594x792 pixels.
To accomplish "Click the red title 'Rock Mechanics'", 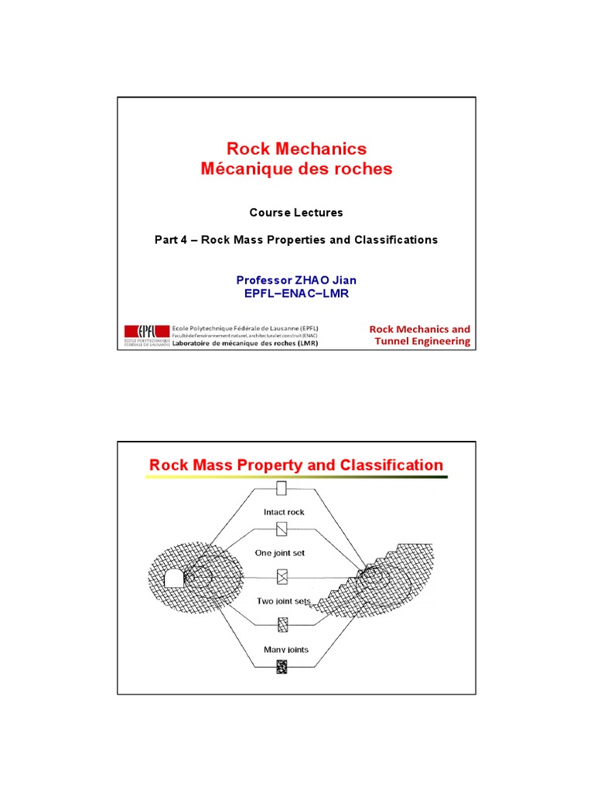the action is tap(296, 148).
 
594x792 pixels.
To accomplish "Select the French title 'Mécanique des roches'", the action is tap(296, 169).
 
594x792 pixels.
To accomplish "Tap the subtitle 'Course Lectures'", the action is tap(296, 212).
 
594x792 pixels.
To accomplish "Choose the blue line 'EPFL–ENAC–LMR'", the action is tap(296, 292).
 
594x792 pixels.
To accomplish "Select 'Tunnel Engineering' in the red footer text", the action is tap(422, 341).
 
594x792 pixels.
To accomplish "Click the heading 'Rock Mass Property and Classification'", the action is tap(296, 465).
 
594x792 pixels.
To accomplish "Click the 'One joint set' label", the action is tap(280, 553).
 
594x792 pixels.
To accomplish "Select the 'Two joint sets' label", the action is tap(281, 600).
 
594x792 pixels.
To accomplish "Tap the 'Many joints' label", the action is tap(285, 649).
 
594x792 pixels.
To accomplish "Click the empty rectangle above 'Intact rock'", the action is tap(282, 489).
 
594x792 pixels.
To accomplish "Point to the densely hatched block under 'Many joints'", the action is tap(282, 664).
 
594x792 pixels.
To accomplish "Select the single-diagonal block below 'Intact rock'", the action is tap(282, 529).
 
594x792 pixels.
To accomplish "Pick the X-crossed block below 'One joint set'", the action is tap(282, 577).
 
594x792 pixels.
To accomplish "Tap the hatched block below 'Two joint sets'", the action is tap(282, 623).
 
